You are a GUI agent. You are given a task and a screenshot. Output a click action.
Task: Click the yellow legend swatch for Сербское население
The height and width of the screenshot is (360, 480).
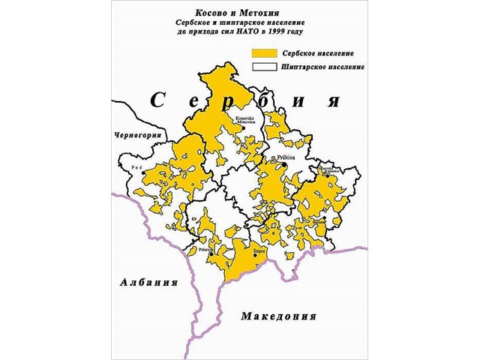coord(265,55)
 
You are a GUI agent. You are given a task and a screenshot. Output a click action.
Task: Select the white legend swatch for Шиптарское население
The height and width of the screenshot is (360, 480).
coord(265,67)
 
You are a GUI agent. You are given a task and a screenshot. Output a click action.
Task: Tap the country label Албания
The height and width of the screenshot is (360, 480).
coord(148,283)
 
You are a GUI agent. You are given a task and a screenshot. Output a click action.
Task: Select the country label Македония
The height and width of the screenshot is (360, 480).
coord(277,316)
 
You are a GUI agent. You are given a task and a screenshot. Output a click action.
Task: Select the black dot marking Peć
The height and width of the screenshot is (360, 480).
coord(143,174)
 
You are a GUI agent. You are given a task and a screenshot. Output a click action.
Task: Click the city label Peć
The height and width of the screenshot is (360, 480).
coord(136,168)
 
